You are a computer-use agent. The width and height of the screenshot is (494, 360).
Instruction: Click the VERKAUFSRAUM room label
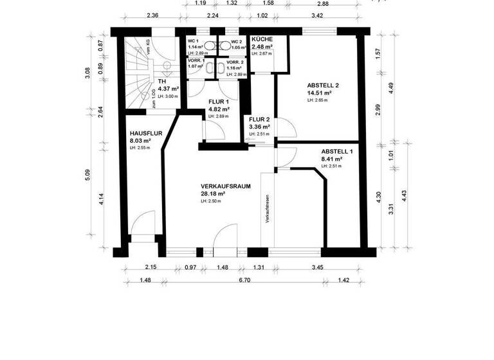tap(224, 186)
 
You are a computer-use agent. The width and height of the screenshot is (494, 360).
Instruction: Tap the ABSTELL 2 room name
tap(323, 85)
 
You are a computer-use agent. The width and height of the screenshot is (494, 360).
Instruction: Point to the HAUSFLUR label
tap(143, 133)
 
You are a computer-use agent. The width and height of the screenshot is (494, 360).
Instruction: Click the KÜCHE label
tap(262, 39)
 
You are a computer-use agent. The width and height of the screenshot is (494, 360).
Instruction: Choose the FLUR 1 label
tap(219, 102)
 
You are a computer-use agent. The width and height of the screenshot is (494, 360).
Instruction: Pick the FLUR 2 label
tap(259, 119)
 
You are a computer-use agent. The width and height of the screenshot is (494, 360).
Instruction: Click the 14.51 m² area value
tap(320, 93)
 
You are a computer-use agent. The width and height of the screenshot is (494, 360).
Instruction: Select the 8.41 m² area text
tap(331, 159)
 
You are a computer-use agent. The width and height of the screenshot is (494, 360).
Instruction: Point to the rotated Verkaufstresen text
tap(266, 209)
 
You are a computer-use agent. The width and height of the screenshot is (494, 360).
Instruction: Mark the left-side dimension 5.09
tap(88, 174)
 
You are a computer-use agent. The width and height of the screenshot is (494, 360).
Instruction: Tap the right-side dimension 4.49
tap(392, 87)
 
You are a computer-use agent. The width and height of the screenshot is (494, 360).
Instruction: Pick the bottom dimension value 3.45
tap(318, 267)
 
